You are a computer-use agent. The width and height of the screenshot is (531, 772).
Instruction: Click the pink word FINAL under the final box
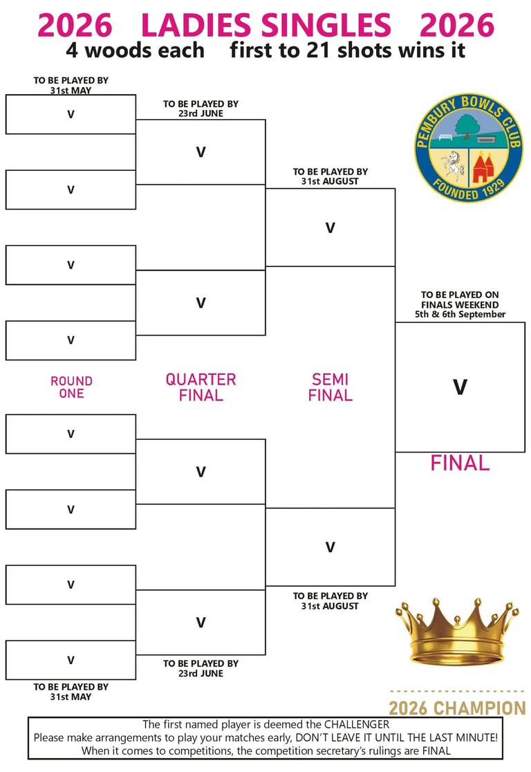click(x=460, y=463)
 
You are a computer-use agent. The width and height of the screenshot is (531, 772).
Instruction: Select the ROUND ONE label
click(x=71, y=387)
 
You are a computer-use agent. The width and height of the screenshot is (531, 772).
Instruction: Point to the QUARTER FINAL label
click(x=201, y=387)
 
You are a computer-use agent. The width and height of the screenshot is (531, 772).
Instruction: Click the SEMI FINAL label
click(x=330, y=387)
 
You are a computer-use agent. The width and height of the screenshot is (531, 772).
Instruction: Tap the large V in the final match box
click(x=460, y=387)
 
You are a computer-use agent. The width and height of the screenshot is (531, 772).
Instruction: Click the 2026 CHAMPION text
click(x=457, y=708)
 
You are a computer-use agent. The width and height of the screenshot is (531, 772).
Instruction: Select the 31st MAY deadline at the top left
click(x=71, y=91)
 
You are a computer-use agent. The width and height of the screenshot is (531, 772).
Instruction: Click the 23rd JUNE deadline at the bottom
click(x=201, y=674)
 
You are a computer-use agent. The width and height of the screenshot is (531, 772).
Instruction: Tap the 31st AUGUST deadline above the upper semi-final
click(x=330, y=181)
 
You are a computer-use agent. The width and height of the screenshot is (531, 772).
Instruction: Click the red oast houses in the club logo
click(x=483, y=165)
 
